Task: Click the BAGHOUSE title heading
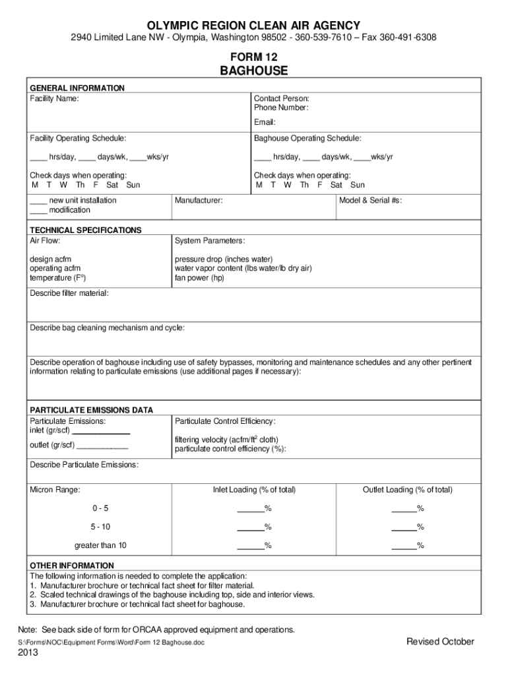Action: tap(253, 71)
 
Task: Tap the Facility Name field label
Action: tap(54, 98)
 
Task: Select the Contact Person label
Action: tap(282, 98)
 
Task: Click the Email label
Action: tap(265, 122)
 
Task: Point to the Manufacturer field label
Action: tap(199, 200)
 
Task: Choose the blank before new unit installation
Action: tap(38, 201)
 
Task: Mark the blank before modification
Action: tap(38, 211)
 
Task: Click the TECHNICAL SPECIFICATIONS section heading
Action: tap(86, 230)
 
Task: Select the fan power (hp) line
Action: tap(199, 279)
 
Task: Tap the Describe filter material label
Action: tap(69, 292)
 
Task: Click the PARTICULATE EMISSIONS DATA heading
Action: tap(92, 410)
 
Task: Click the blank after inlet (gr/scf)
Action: tap(104, 431)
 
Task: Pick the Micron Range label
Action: tap(55, 490)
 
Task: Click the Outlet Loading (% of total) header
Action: tap(407, 490)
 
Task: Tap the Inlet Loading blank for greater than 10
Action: tap(250, 546)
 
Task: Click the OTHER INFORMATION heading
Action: tap(72, 566)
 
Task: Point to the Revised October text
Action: tap(440, 642)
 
